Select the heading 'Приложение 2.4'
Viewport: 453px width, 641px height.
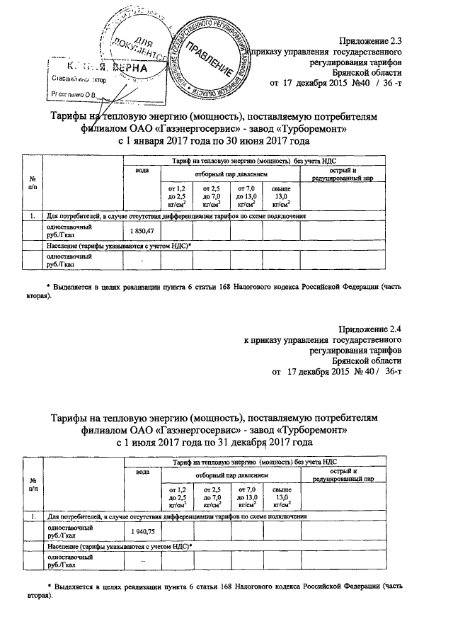(374, 328)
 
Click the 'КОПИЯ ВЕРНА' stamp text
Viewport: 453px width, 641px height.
(99, 68)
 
